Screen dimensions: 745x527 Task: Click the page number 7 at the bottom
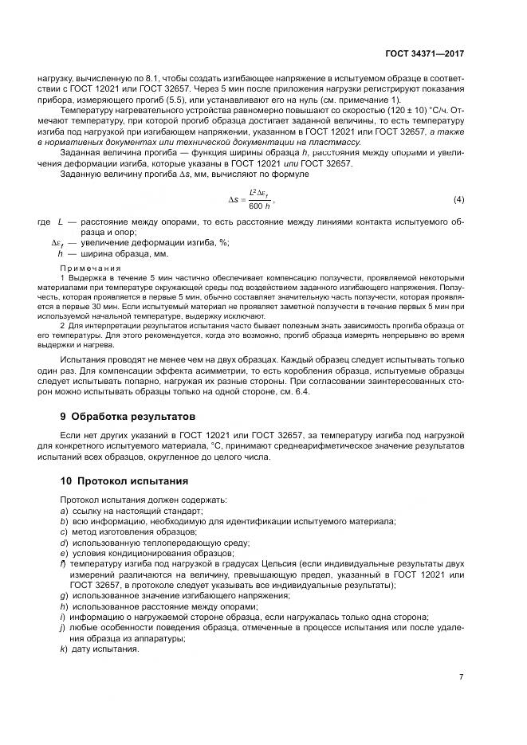tap(462, 676)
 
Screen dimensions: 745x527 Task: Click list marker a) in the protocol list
tap(63, 510)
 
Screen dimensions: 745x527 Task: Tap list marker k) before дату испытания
tap(63, 648)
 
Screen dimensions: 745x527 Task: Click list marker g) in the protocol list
tap(63, 595)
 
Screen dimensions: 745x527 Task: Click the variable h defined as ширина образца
tap(61, 253)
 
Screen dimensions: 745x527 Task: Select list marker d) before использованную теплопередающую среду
tap(63, 542)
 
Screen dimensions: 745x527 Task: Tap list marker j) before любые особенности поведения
tap(62, 627)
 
